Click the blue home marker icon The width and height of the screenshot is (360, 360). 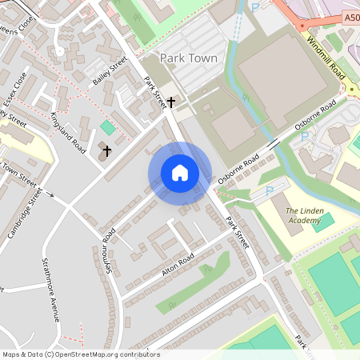click(180, 173)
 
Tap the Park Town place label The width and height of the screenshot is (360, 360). click(188, 58)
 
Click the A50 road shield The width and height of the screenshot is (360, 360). click(352, 16)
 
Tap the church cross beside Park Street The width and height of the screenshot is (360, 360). click(171, 103)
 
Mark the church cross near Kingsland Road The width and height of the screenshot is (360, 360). click(107, 150)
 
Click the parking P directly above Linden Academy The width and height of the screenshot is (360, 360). click(269, 191)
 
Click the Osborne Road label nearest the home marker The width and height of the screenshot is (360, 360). click(238, 165)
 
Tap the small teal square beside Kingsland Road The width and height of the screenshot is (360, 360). click(107, 127)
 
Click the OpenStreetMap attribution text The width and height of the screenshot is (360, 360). click(81, 354)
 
